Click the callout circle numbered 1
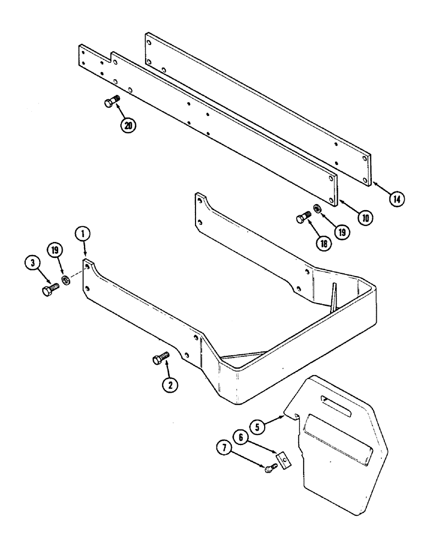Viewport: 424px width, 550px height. pos(82,235)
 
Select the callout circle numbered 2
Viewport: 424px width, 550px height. pos(170,386)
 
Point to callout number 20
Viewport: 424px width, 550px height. pos(129,125)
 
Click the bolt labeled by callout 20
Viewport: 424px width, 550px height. pos(111,102)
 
